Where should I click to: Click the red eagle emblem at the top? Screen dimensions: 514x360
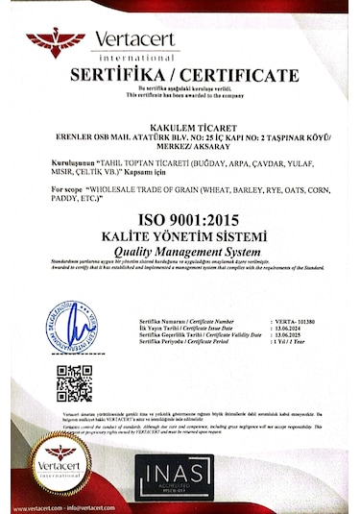[x=56, y=41]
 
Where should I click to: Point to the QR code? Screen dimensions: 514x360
[x=74, y=382]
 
